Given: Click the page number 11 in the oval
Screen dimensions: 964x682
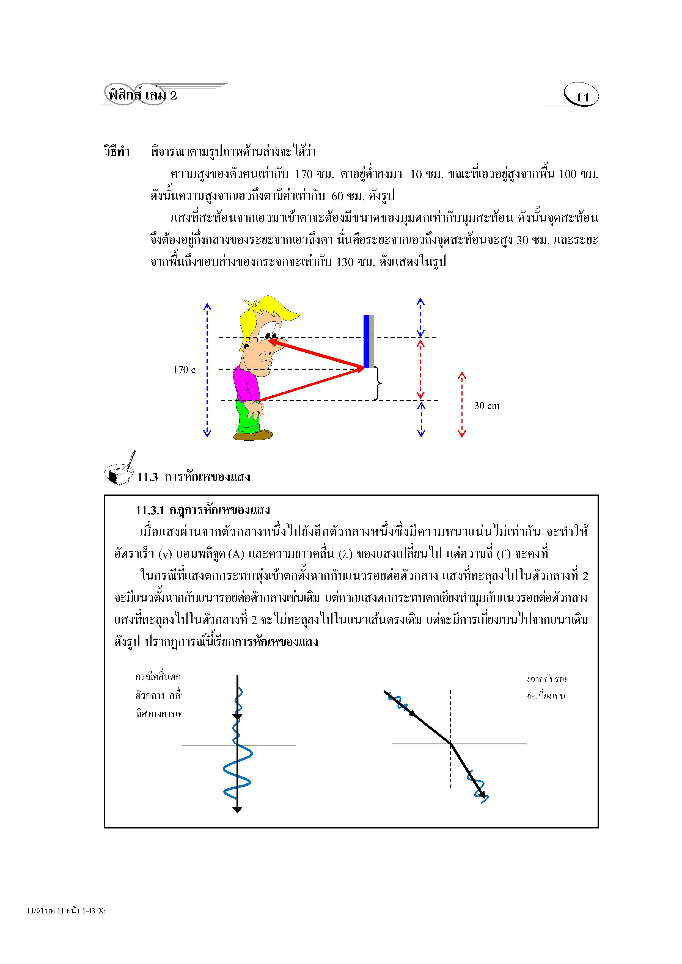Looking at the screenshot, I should click(582, 97).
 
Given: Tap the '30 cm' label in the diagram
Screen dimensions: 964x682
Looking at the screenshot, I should click(487, 406).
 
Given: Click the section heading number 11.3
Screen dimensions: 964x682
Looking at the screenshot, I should click(147, 477).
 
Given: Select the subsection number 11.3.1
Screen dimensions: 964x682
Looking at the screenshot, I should click(150, 510).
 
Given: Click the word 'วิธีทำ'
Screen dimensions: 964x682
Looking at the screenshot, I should click(117, 151).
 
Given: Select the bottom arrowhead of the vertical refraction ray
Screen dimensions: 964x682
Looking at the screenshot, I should click(237, 810).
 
